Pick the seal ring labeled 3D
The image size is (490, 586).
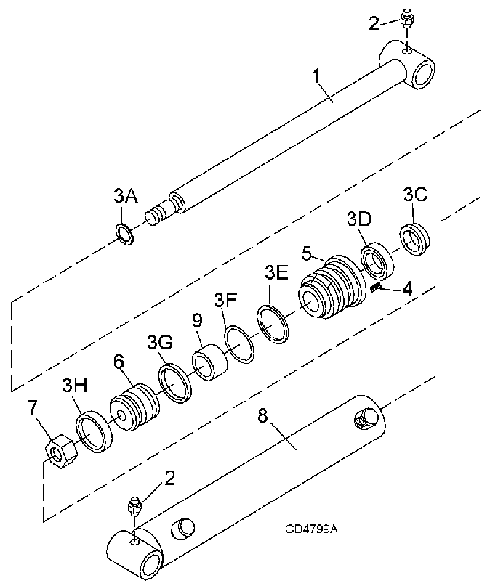point(378,261)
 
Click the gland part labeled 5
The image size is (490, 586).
point(332,287)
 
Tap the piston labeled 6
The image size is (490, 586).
point(134,408)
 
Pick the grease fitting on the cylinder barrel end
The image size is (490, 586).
point(134,508)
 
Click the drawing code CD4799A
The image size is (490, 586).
point(311,529)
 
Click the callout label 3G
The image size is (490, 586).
point(160,342)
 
